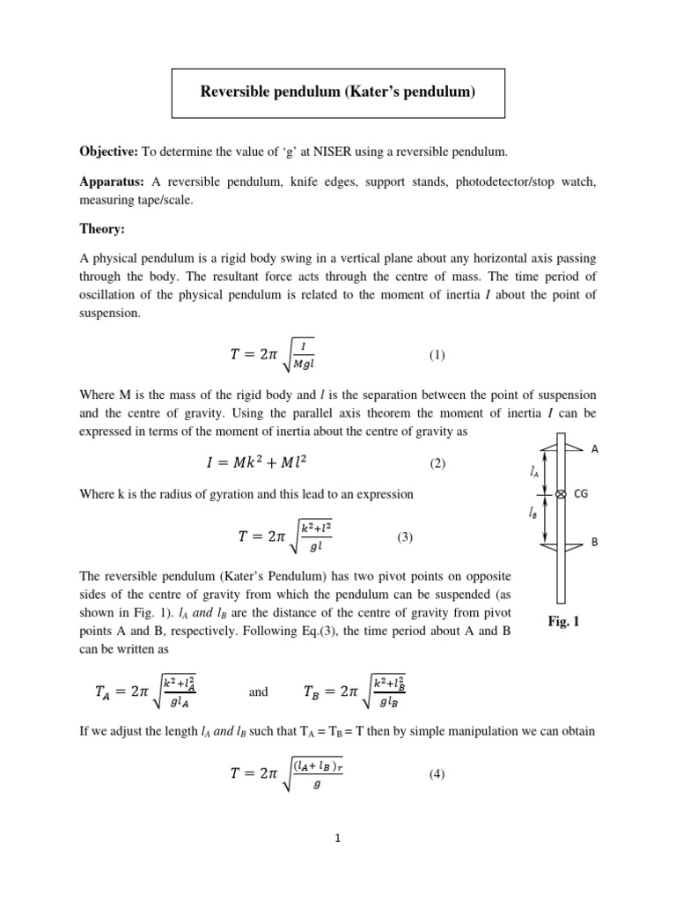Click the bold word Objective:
click(108, 152)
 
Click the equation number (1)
click(437, 356)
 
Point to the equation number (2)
click(437, 463)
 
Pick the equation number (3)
click(405, 536)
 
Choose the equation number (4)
click(437, 774)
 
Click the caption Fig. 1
click(563, 622)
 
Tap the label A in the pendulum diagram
click(595, 449)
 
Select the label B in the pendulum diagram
click(594, 543)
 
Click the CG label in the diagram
click(581, 495)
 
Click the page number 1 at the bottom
click(337, 839)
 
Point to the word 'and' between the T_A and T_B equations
click(259, 692)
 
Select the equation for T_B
click(353, 691)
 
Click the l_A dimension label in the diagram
click(535, 472)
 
